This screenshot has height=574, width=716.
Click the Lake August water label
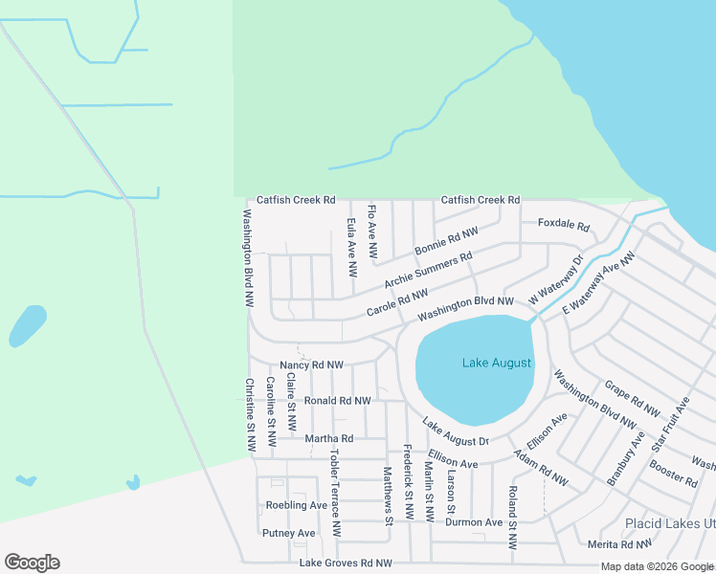click(496, 364)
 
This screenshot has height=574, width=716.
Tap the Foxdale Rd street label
click(563, 228)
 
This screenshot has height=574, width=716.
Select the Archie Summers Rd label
click(428, 271)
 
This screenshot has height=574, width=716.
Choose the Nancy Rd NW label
click(311, 365)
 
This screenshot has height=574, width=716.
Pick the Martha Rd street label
click(328, 439)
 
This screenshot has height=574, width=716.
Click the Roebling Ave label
click(297, 505)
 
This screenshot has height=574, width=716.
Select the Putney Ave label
click(288, 533)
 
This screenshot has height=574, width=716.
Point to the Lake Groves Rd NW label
click(346, 564)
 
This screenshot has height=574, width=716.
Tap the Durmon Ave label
click(474, 523)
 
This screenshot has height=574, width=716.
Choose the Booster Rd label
click(672, 474)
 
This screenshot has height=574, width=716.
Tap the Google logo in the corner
click(32, 563)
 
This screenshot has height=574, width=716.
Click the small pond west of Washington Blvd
click(28, 326)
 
